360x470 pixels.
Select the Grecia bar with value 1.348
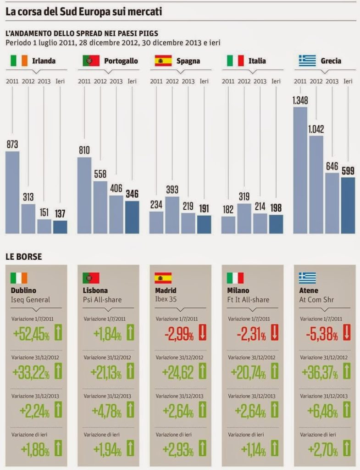coord(300,170)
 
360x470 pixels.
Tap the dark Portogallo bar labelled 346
coord(132,217)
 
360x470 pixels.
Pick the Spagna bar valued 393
coord(172,215)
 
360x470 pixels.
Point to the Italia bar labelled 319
coord(244,218)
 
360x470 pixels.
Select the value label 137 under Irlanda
coord(60,213)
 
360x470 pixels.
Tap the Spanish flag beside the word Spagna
coord(163,61)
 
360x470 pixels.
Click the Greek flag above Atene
coord(308,278)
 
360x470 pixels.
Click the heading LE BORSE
coord(23,257)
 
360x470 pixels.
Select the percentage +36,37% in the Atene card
coord(319,373)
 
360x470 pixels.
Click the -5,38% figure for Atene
coord(322,335)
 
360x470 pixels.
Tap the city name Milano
coord(238,291)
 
